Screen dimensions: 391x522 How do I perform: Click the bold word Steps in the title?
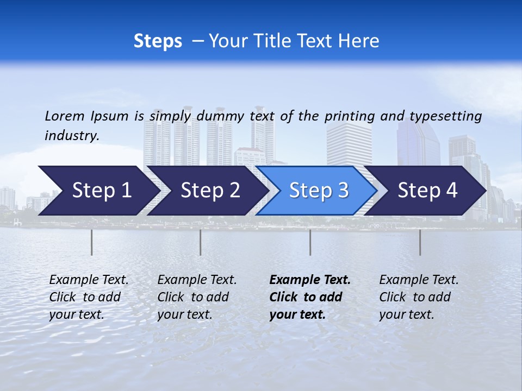pos(158,41)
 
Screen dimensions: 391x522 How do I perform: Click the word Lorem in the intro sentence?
pos(64,116)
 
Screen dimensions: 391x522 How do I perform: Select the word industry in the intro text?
pos(71,136)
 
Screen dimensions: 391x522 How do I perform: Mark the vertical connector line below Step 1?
pos(91,242)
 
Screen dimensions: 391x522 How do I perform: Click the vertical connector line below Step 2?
pos(200,242)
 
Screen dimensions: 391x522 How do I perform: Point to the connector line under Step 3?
pos(310,242)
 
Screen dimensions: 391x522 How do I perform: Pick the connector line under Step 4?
pos(420,242)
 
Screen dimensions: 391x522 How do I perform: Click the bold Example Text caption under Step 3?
pos(310,297)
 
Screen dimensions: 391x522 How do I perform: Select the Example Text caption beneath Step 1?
pos(89,297)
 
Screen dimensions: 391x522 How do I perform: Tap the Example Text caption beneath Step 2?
pos(197,297)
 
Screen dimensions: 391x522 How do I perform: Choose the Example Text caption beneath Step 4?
pos(419,297)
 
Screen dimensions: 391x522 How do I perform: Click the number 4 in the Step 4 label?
pos(451,191)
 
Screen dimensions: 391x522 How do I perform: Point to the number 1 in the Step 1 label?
pos(126,191)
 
